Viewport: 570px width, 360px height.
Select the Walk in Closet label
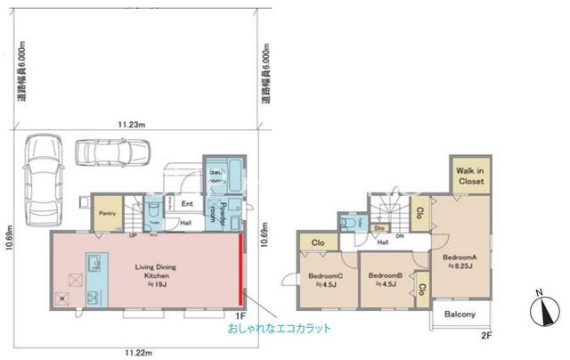pos(470,174)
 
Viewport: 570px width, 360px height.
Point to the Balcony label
pos(460,314)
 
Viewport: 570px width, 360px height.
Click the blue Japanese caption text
pos(280,329)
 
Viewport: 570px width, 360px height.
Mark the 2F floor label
pos(485,336)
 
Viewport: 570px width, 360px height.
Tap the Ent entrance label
pos(187,201)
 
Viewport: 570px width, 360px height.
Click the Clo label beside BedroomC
pos(317,241)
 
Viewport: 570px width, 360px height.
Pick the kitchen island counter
pos(94,275)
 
